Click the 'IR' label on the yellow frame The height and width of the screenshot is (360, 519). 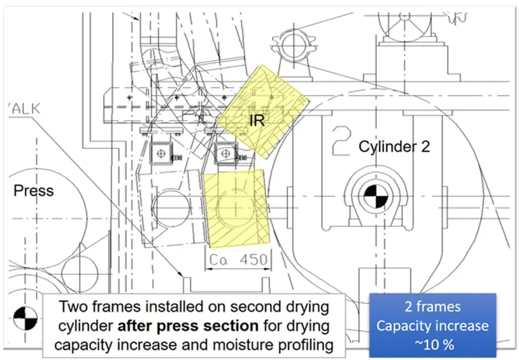(x=257, y=120)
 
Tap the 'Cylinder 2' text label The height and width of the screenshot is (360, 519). (x=394, y=147)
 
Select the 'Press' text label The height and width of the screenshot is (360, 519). (x=33, y=191)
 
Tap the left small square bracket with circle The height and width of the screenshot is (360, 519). (x=160, y=152)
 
